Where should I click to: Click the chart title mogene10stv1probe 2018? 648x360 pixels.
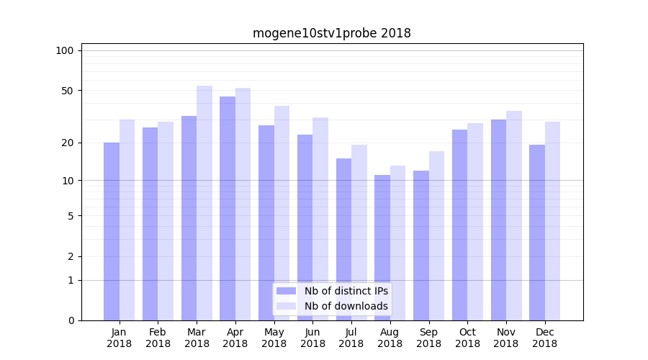[331, 33]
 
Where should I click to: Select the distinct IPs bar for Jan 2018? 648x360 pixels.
[112, 230]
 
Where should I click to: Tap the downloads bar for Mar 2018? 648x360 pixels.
[204, 202]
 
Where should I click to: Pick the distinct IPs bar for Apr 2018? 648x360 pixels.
[228, 208]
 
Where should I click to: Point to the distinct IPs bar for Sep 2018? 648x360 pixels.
[421, 245]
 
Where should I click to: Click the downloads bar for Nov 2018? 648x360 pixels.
[514, 215]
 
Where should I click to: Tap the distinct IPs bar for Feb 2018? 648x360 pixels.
[150, 223]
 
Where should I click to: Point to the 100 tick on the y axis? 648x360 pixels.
[65, 50]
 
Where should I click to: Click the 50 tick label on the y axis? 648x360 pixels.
[68, 91]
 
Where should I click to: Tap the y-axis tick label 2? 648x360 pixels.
[71, 256]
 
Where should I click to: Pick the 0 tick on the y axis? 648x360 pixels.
[71, 320]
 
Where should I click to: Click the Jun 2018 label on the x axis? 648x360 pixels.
[312, 338]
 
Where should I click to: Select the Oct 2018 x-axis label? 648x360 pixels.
[467, 338]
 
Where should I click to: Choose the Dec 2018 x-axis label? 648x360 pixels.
[544, 338]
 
